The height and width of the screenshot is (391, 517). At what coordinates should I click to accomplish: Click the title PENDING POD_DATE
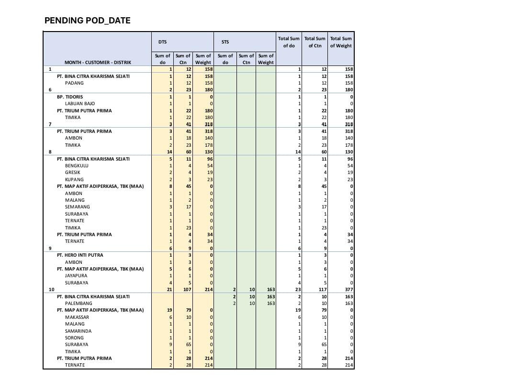pos(88,21)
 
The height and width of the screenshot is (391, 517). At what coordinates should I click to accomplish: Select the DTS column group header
pos(163,42)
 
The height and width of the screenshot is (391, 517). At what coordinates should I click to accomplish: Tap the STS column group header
pos(225,42)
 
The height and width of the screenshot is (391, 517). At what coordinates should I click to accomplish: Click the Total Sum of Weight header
pos(341,42)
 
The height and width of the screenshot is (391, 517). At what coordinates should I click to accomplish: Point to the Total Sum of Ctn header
pos(315,42)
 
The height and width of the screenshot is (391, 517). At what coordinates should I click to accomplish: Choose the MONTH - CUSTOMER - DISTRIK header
pos(98,63)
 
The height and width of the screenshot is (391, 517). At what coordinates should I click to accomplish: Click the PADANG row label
pos(74,83)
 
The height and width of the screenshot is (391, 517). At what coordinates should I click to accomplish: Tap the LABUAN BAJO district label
pos(80,104)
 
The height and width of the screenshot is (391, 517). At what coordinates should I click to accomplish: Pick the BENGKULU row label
pos(76,166)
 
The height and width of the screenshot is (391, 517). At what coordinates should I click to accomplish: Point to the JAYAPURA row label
pos(76,276)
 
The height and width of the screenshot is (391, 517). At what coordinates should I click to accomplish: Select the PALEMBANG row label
pos(79,304)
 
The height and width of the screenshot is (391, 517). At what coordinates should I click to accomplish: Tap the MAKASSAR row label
pos(77,317)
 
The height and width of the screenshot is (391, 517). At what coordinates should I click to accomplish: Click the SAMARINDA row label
pos(79,331)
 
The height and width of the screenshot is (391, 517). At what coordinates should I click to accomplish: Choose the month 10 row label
pos(52,290)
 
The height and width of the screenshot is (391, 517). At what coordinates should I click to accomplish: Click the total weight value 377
pos(348,290)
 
